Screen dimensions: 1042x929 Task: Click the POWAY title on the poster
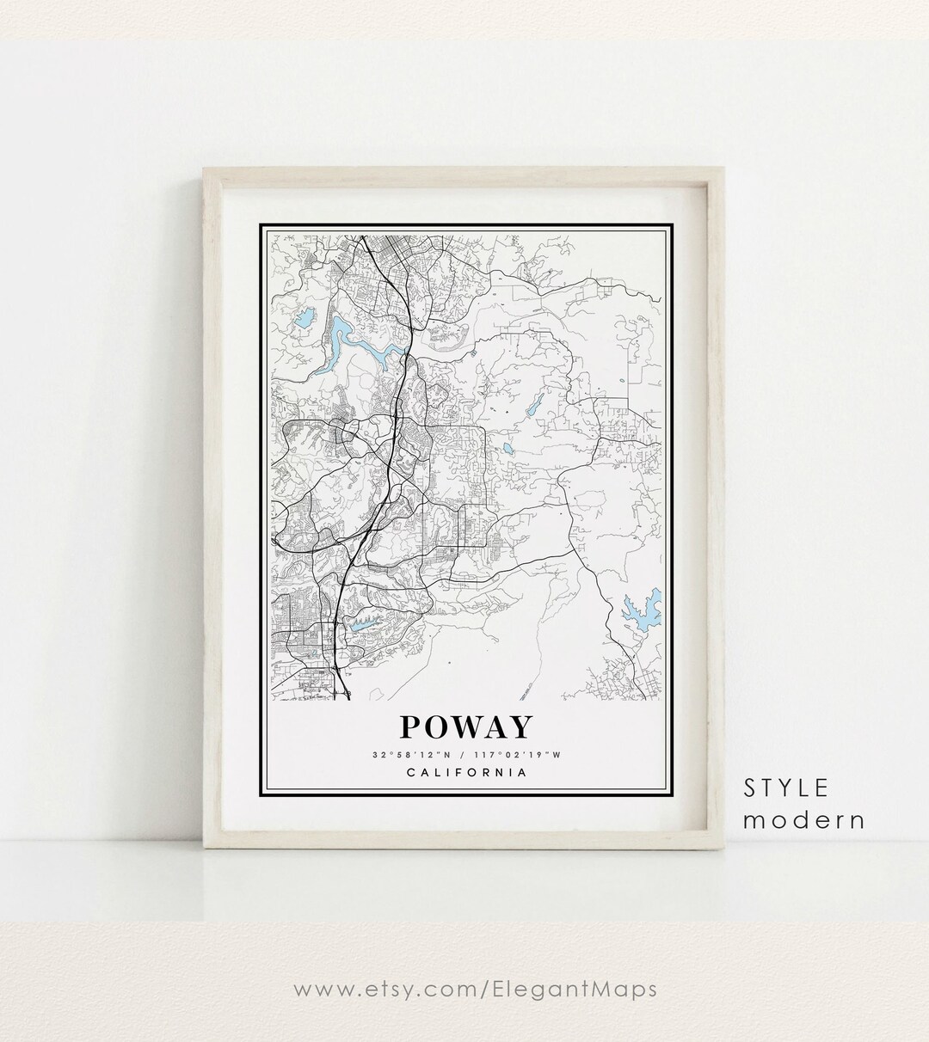(465, 727)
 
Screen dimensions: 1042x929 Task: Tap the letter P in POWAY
(413, 727)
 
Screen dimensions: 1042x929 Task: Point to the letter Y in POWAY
(518, 727)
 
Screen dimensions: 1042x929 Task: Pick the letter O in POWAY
(440, 727)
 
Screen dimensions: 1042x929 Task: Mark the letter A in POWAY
(495, 727)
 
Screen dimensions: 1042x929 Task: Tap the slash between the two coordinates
(452, 755)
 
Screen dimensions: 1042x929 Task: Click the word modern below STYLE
(803, 819)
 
